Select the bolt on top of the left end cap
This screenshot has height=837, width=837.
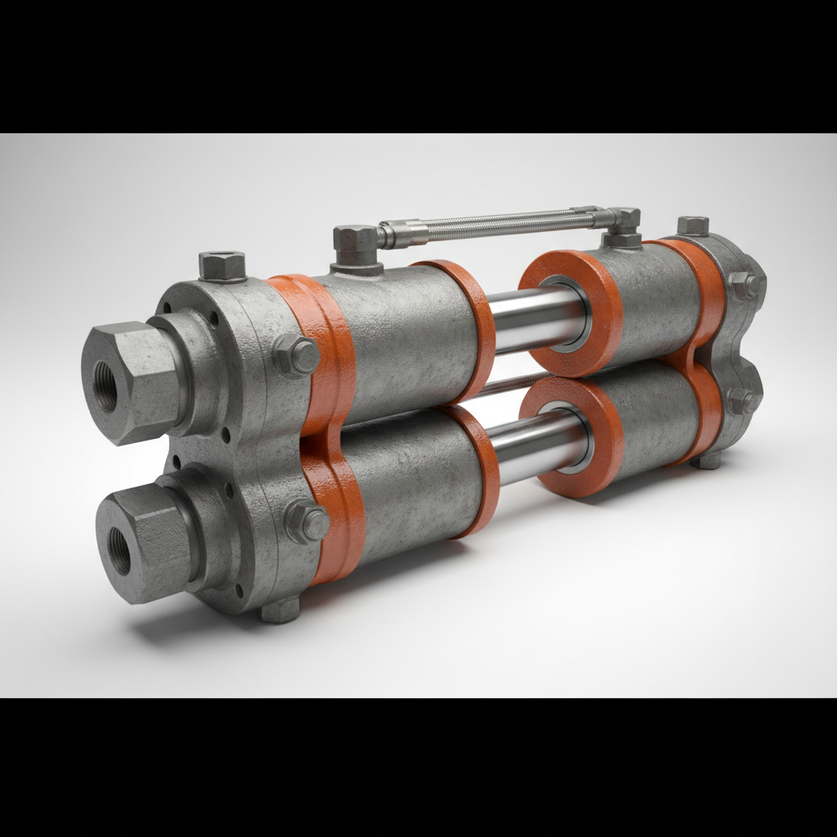(x=222, y=265)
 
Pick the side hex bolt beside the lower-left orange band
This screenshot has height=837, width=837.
(x=307, y=521)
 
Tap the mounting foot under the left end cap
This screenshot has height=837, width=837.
(x=280, y=609)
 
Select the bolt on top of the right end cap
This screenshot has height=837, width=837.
(x=692, y=226)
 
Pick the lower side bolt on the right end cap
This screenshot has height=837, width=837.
(x=742, y=401)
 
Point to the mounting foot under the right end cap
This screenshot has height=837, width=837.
(x=708, y=460)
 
